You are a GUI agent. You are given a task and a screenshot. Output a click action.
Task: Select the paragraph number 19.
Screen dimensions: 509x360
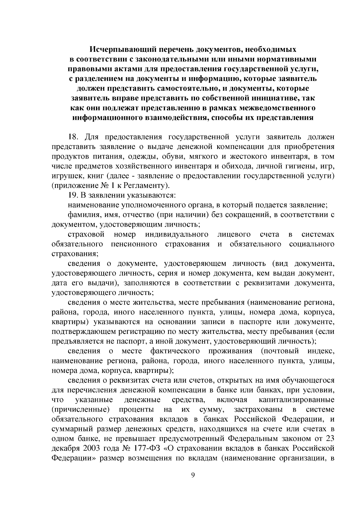point(73,195)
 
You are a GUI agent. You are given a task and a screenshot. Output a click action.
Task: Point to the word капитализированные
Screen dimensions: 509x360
point(296,400)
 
